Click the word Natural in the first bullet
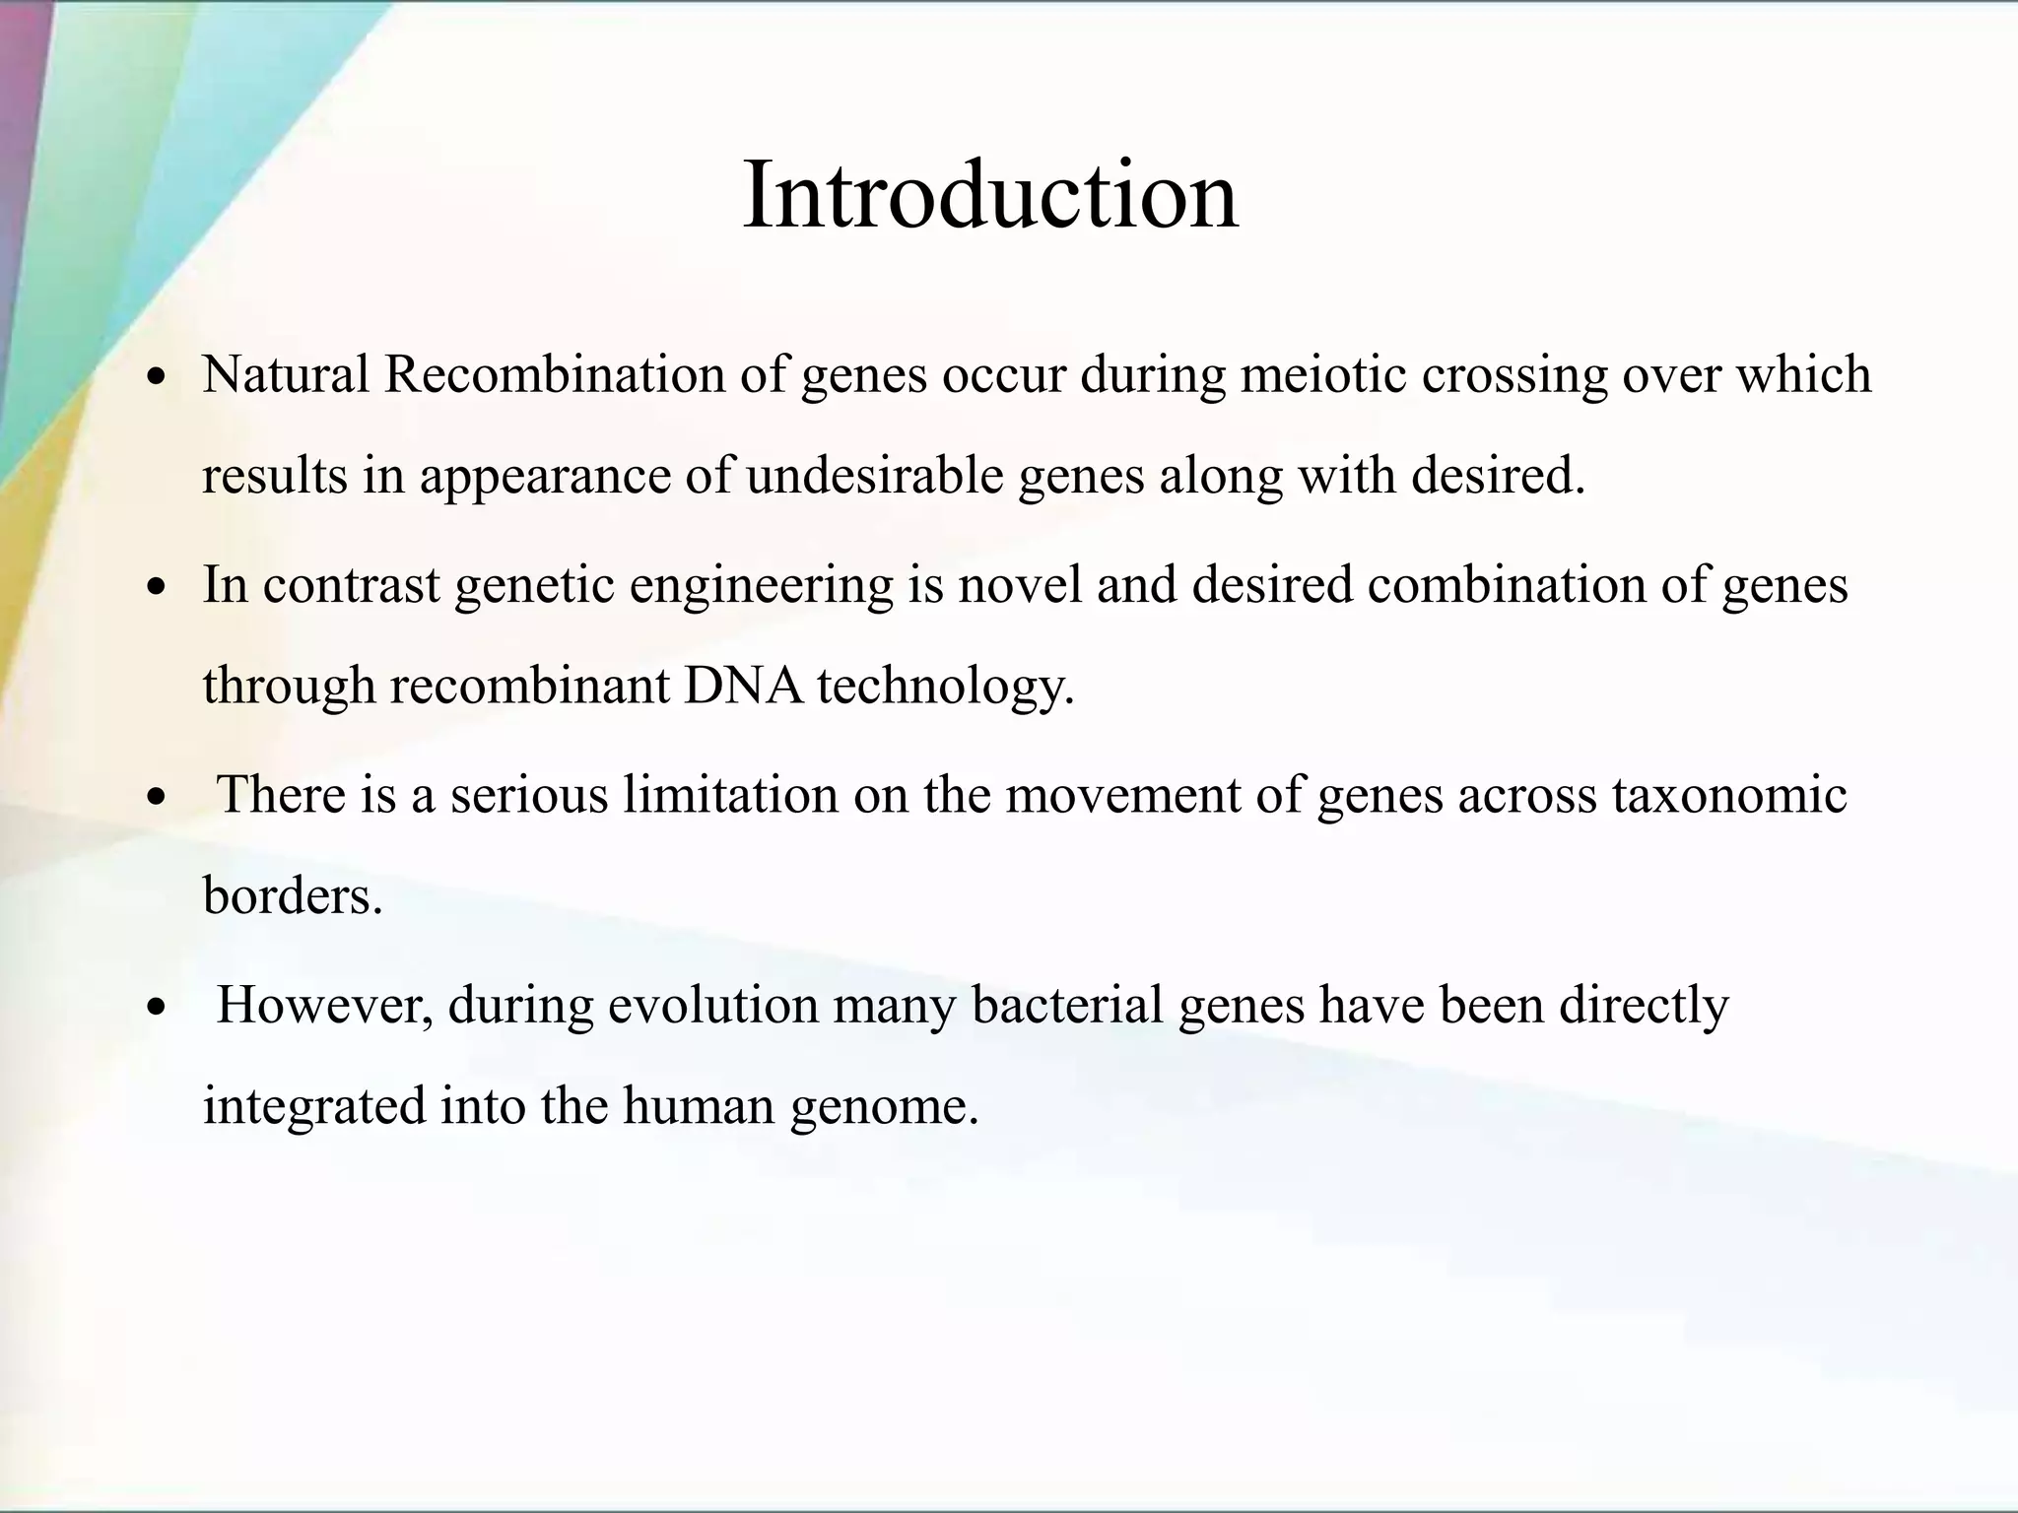tap(286, 374)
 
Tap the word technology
tap(945, 686)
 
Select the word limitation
tap(730, 795)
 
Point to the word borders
tap(292, 895)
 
